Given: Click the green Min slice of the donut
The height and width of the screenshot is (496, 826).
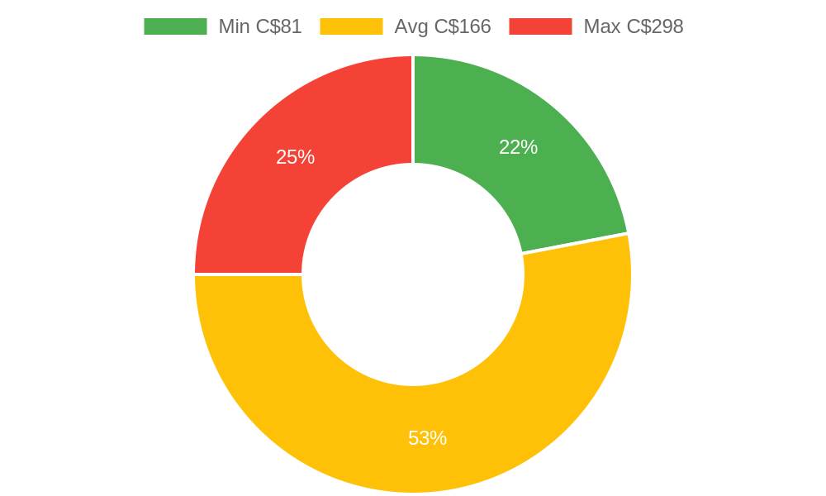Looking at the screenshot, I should pos(529,174).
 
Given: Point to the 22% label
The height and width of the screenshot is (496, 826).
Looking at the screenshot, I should pos(518,147).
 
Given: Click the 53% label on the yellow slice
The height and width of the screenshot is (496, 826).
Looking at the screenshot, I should pos(427,438).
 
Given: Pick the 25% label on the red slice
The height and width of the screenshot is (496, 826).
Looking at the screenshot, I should pos(295,157).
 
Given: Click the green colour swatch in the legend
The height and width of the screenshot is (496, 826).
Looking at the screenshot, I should pos(175,26).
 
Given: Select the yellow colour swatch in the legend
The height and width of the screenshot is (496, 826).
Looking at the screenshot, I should pos(351,26).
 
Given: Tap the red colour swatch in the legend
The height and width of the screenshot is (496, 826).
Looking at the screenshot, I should pos(540,26).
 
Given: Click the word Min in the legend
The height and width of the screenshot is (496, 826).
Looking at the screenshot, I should pos(235,26).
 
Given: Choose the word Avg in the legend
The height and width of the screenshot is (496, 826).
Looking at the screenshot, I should pos(411,26).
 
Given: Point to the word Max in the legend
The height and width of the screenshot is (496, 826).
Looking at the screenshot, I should pos(602,26).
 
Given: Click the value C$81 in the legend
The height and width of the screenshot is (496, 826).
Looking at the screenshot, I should pos(279,26).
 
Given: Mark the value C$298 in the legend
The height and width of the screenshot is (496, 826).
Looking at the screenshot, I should pos(654,26).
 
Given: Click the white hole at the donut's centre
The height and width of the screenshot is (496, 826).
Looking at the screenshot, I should pos(413,274).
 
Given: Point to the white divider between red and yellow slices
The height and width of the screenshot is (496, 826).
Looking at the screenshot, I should pos(248,274).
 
